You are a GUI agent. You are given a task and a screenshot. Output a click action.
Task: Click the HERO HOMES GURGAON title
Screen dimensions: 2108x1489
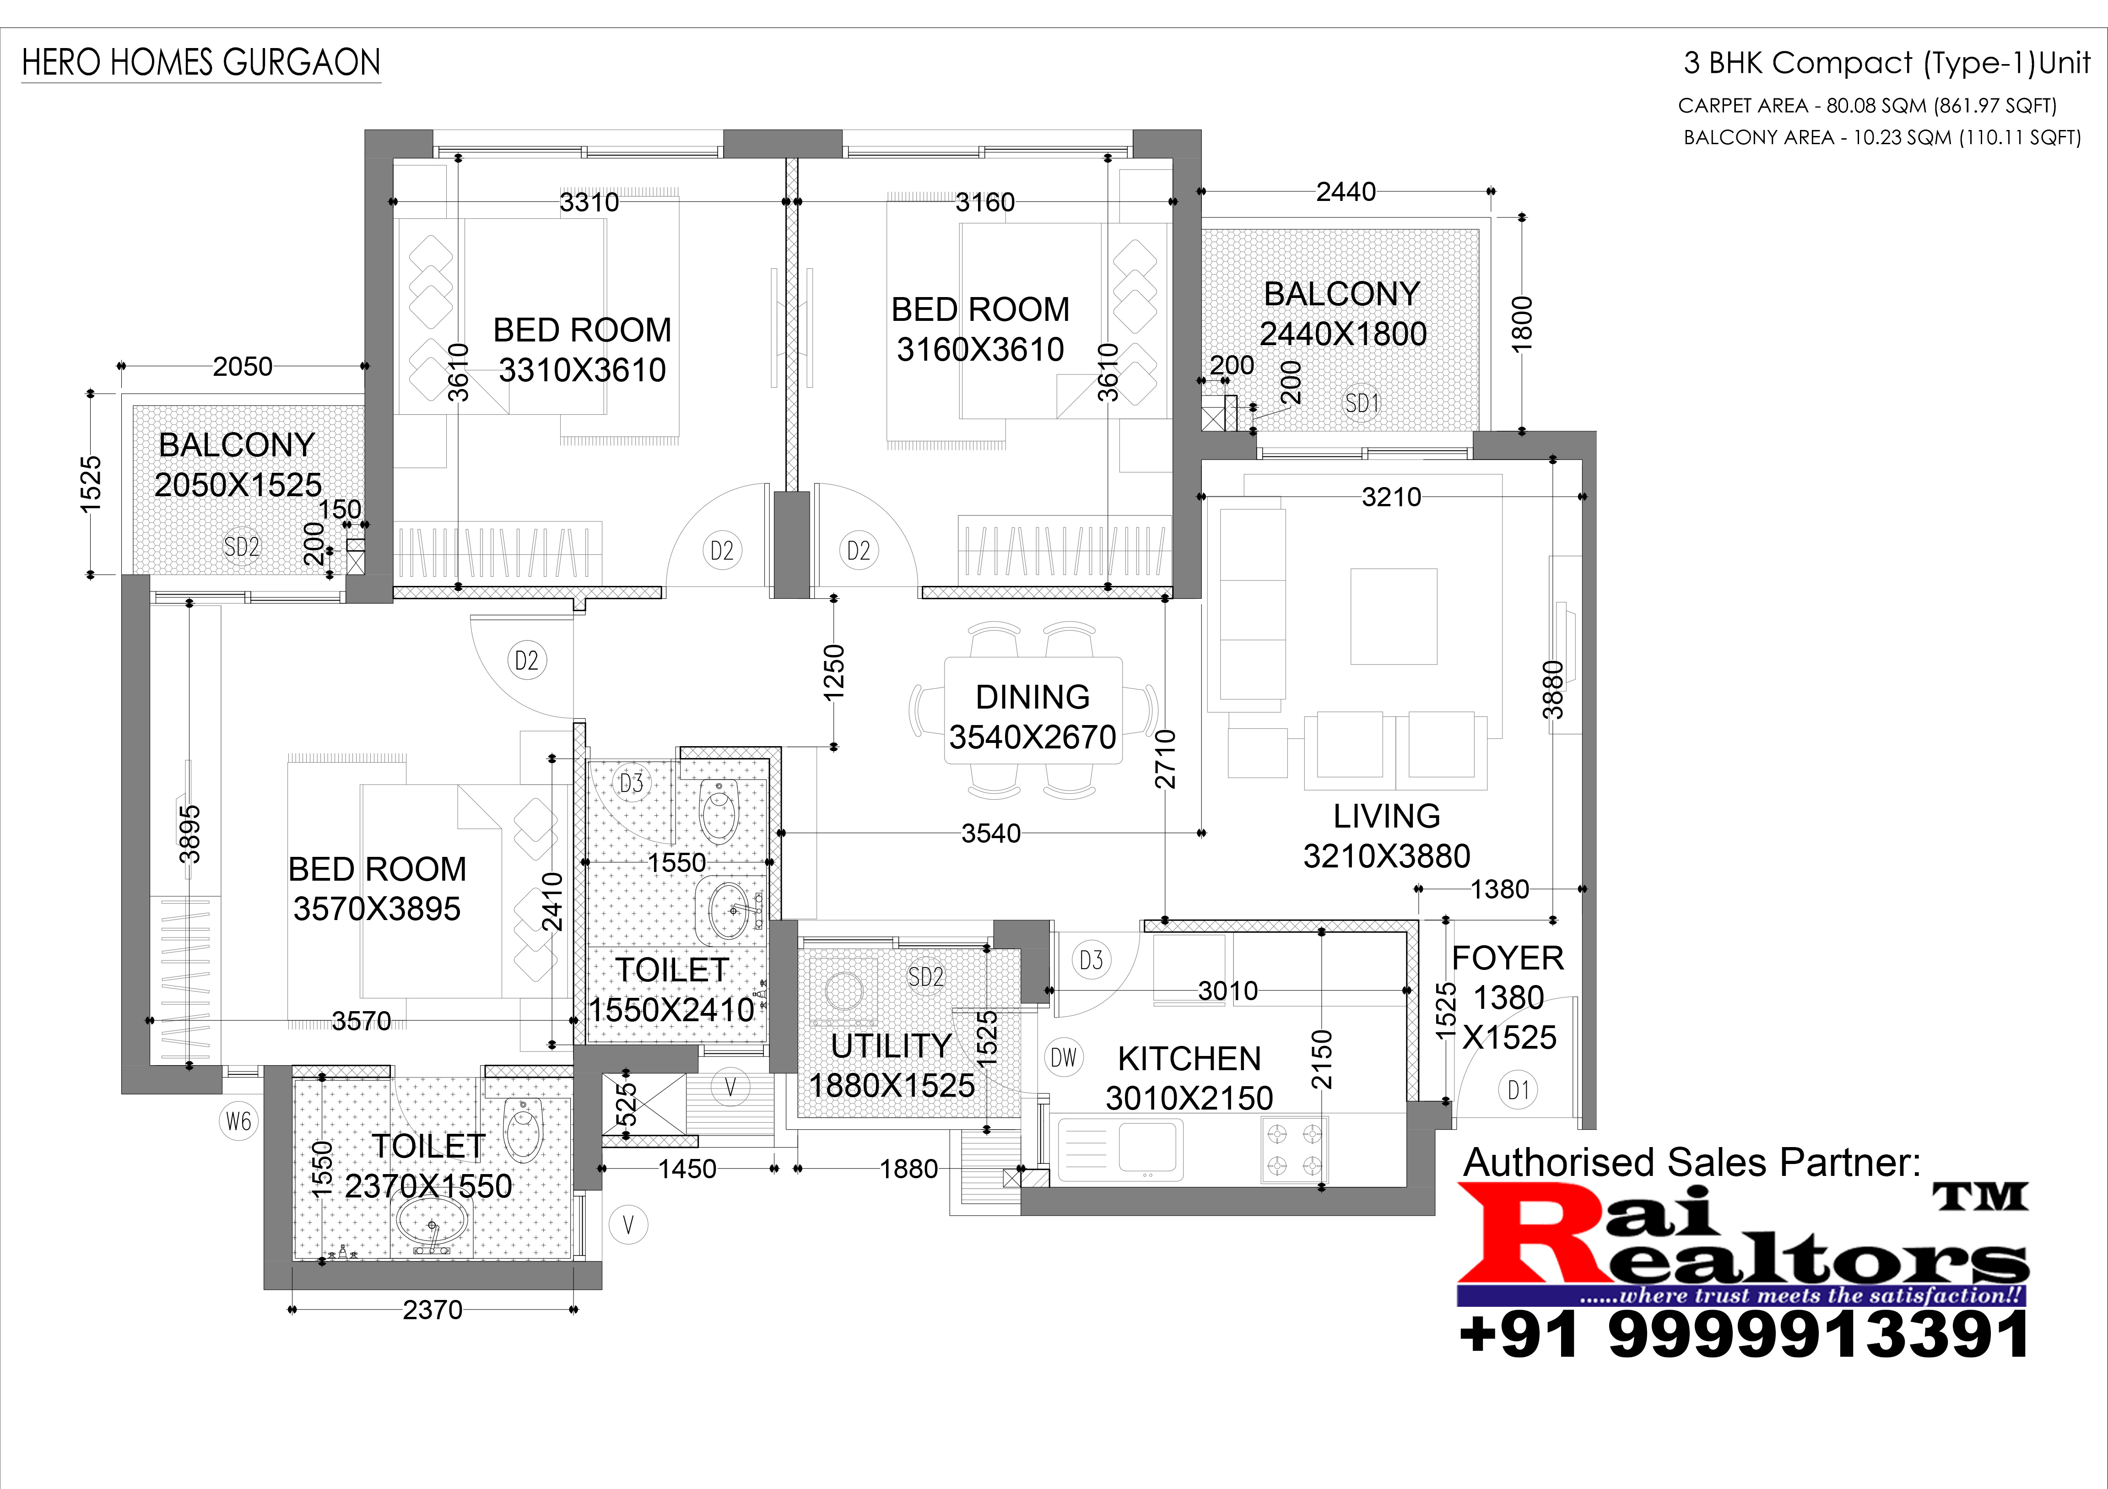coord(201,62)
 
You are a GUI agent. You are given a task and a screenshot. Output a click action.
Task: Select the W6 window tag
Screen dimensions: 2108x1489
coord(239,1121)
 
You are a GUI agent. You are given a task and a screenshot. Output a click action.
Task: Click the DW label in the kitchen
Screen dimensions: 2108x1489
coord(1063,1057)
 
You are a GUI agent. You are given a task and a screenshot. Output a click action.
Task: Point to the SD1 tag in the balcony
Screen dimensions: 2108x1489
coord(1362,403)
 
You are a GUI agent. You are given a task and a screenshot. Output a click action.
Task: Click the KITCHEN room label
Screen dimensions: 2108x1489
coord(1189,1058)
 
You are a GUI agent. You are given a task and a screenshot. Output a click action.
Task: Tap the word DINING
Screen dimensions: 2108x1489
coord(1032,697)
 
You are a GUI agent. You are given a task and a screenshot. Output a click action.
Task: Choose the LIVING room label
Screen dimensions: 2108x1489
coord(1386,816)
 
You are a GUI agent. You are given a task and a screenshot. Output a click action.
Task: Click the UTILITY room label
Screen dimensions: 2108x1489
coord(891,1045)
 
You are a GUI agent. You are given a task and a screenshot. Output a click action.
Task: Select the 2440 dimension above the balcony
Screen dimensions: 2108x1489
coord(1346,192)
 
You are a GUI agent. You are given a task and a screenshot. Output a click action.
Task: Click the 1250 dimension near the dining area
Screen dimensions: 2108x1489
coord(834,673)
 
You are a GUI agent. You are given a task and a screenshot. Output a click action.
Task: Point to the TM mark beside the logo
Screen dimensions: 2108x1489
coord(1980,1196)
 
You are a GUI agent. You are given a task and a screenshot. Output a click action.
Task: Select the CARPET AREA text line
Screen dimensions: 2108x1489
coord(1867,106)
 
